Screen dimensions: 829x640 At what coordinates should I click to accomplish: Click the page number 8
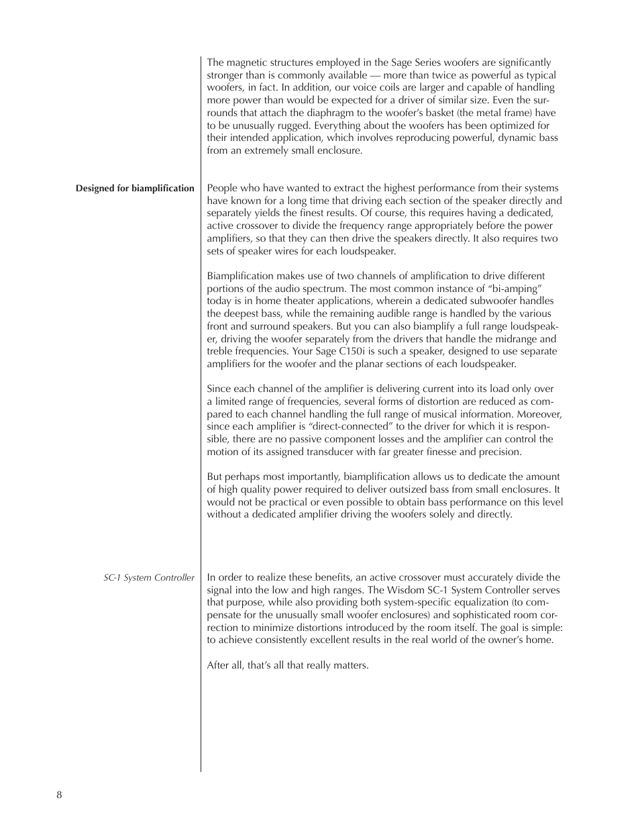pos(59,795)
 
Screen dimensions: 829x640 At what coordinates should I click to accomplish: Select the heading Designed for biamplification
pos(135,189)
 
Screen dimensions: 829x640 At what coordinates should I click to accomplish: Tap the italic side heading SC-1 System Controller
pos(149,577)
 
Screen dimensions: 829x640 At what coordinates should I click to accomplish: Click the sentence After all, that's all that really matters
pos(288,665)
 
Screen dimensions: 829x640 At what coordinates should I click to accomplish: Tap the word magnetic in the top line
pos(246,62)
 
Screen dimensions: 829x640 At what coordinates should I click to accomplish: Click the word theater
pos(299,301)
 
